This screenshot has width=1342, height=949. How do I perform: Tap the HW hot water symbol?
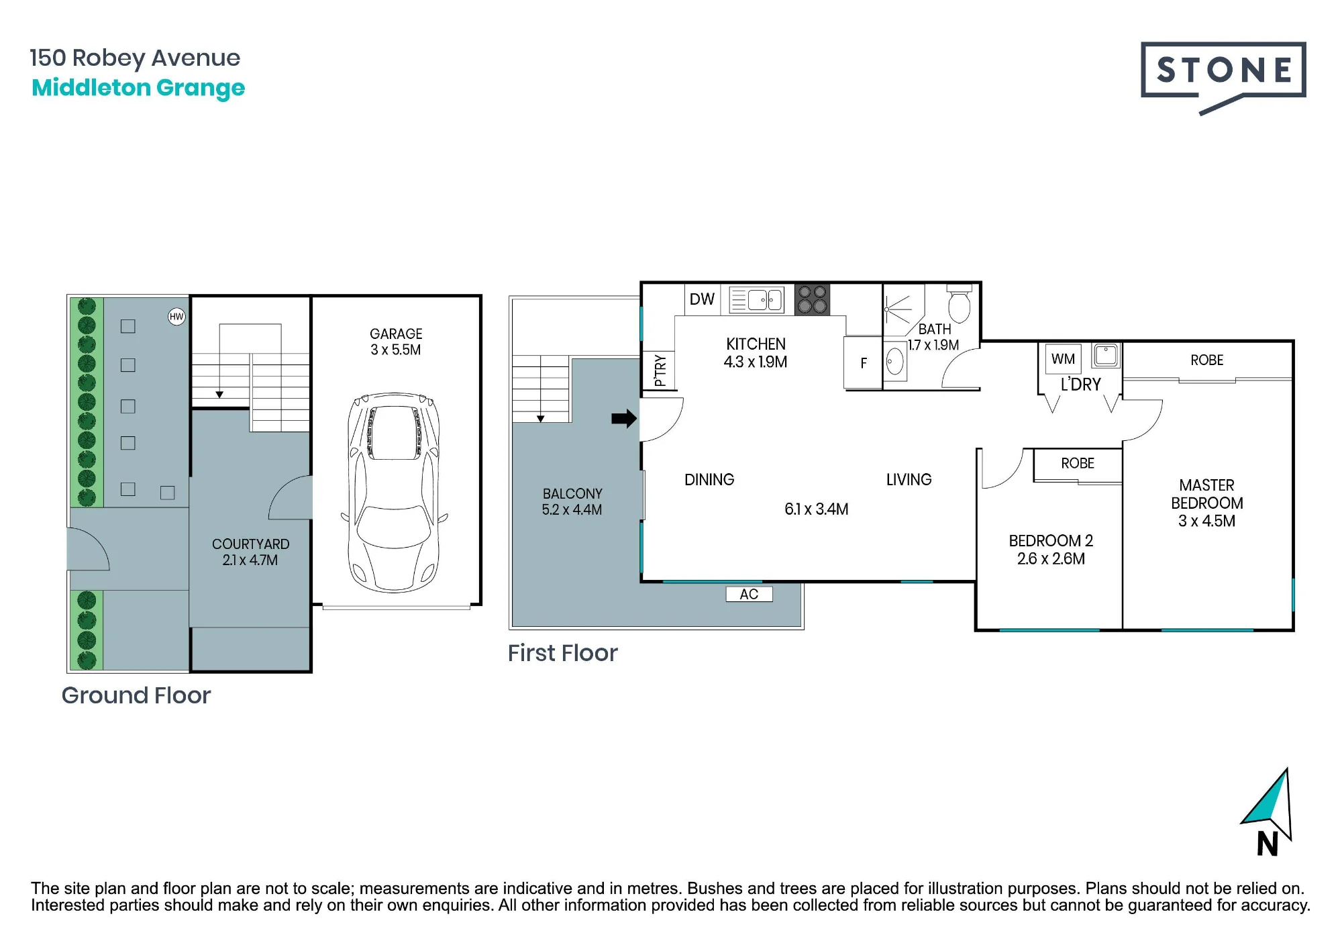(x=176, y=317)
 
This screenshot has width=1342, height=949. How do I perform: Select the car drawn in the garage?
(x=395, y=493)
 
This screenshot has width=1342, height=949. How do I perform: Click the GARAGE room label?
(x=396, y=334)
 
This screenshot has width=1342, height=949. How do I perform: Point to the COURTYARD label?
(x=251, y=544)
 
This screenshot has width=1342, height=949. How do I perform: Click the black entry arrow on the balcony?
(x=624, y=419)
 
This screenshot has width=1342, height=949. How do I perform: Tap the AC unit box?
(x=749, y=594)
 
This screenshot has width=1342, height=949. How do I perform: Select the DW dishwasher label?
(x=702, y=299)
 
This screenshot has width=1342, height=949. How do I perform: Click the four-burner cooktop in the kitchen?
(x=812, y=299)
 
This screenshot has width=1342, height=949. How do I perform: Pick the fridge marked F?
(x=863, y=363)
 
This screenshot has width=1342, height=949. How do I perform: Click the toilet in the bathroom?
(x=959, y=305)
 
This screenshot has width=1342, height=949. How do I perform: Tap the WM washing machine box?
(x=1063, y=359)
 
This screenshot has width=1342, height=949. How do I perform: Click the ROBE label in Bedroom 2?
(x=1078, y=463)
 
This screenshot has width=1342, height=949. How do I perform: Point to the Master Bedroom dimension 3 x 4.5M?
(x=1206, y=521)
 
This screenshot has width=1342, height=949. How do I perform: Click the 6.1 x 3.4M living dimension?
(x=816, y=509)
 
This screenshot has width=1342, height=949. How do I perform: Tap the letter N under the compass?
(x=1267, y=844)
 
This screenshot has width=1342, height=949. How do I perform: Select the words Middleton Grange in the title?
(x=138, y=88)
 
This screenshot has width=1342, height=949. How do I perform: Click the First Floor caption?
(x=562, y=653)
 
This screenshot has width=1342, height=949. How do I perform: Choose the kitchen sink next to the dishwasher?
(x=756, y=300)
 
